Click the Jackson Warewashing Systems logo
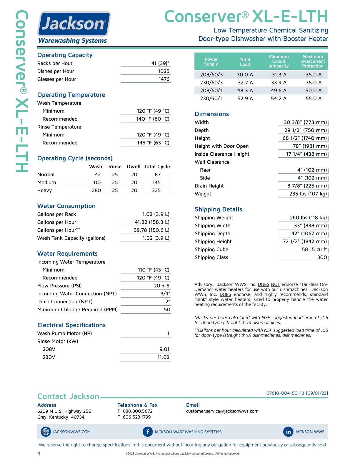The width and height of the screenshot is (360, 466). coord(74,28)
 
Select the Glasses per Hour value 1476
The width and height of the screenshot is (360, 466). coord(164,79)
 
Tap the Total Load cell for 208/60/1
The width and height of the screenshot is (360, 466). coord(245,91)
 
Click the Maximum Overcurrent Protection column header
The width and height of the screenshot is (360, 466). coord(313,61)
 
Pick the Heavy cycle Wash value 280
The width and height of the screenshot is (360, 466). coord(96,190)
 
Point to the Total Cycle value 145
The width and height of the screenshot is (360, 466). coord(156,182)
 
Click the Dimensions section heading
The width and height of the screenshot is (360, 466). coord(211,114)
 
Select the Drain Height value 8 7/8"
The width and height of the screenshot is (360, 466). coord(307,186)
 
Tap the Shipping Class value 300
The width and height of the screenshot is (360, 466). coord(322,257)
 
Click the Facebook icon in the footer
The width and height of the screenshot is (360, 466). coord(148,432)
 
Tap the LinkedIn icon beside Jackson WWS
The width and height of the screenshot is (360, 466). coord(288,432)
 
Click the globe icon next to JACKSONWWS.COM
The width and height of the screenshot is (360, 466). coord(46,432)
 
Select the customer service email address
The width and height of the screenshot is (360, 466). coord(222,411)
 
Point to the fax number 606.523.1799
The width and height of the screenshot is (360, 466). coord(136,417)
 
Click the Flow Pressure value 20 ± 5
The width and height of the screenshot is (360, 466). coord(161,286)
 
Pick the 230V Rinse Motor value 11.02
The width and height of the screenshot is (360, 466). coord(163,357)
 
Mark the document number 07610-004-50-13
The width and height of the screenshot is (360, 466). coord(285,393)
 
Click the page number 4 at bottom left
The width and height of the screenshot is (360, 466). coord(39,453)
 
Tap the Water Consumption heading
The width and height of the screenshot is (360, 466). coord(66,206)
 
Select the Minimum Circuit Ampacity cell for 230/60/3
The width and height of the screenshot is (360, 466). coord(279,83)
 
